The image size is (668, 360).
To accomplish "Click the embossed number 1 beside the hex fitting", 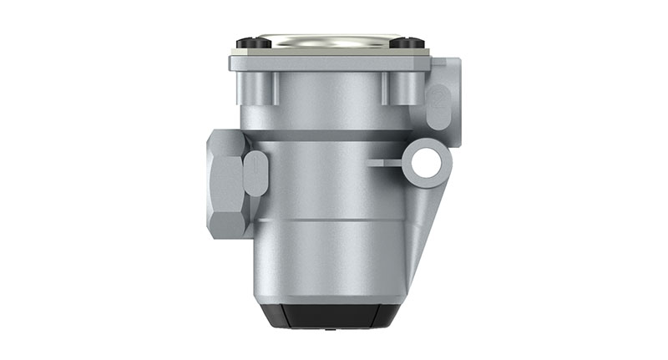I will click(257, 173).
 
